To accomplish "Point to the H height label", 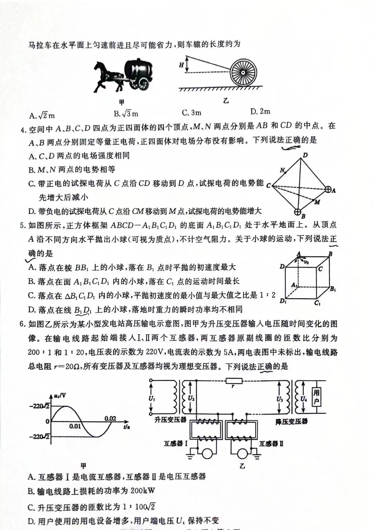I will click(x=181, y=65).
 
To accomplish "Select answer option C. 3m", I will click(x=191, y=113).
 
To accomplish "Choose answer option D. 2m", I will click(x=260, y=112).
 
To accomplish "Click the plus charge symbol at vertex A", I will click(x=328, y=189).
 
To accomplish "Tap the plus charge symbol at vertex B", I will click(x=297, y=212).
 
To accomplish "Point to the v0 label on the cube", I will click(x=306, y=262).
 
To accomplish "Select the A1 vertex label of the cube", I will click(x=294, y=285).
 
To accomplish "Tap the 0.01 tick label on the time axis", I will click(x=75, y=426).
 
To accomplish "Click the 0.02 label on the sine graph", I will click(x=111, y=418).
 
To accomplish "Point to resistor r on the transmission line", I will click(x=233, y=381).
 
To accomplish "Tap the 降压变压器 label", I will click(x=292, y=422).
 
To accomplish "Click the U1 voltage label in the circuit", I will click(x=152, y=398).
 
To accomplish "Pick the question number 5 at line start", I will click(x=22, y=225).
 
